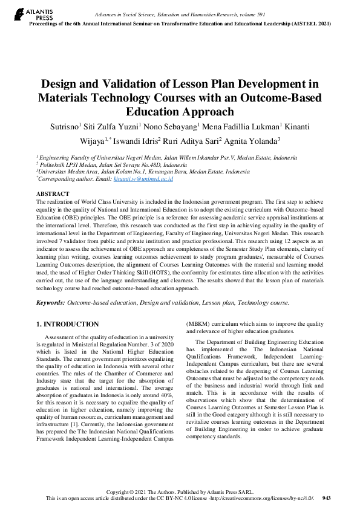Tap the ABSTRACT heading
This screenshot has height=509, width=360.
[53, 193]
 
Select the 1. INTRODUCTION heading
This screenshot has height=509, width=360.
[68, 325]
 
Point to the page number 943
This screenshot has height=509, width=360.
[326, 498]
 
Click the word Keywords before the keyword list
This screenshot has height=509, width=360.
[50, 302]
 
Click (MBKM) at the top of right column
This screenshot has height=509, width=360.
[200, 323]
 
